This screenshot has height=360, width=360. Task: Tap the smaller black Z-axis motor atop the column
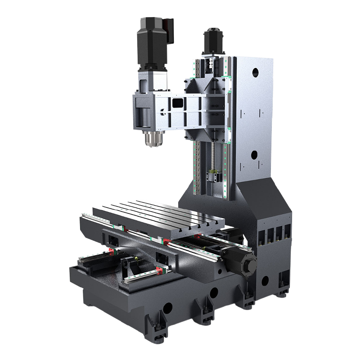click(x=212, y=41)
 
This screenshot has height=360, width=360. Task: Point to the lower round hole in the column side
click(x=254, y=155)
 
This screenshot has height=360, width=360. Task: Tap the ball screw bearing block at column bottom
click(x=215, y=175)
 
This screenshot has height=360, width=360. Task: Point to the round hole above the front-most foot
click(x=167, y=308)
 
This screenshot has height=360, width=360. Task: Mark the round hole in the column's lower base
click(x=265, y=280)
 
